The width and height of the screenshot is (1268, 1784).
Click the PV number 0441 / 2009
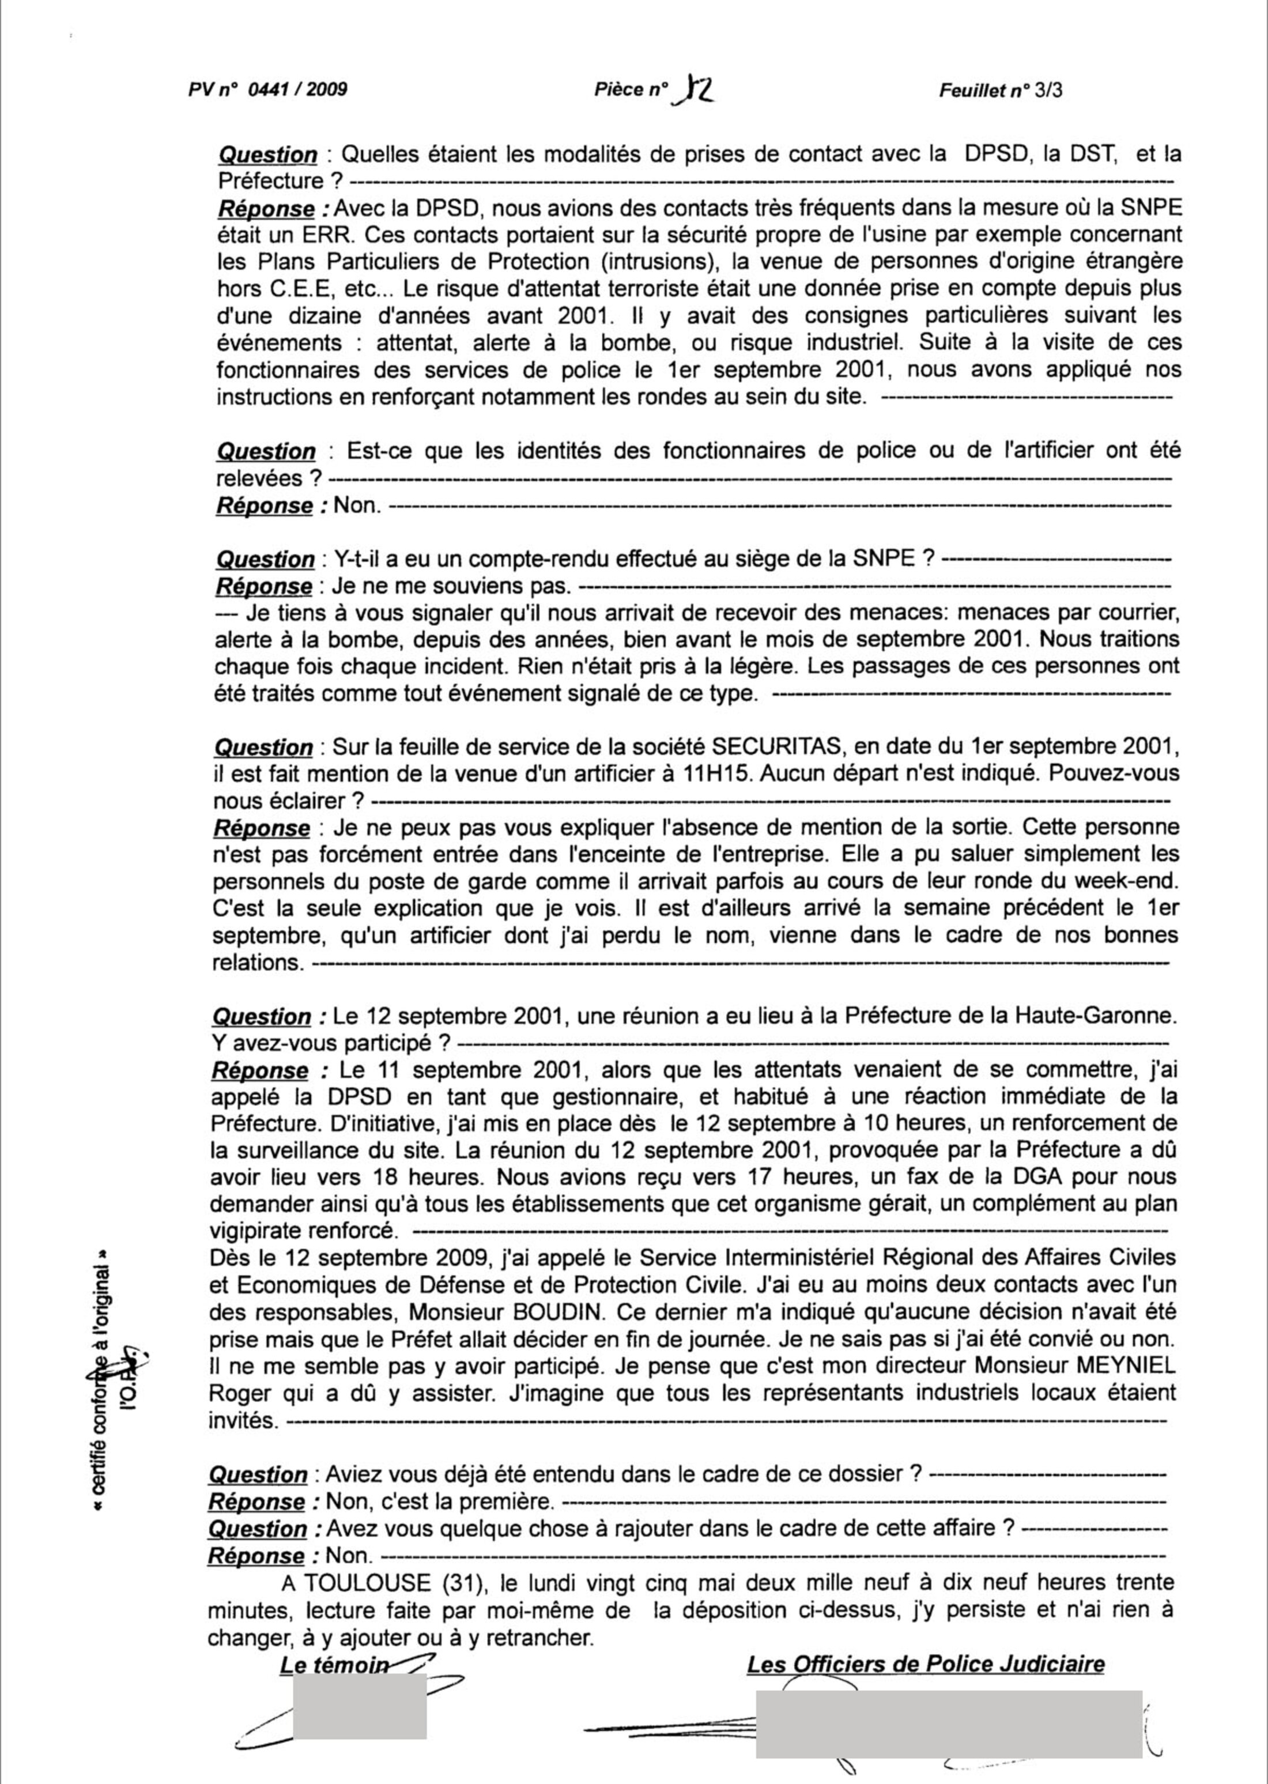pyautogui.click(x=297, y=89)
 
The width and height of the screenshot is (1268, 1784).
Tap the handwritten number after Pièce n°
pyautogui.click(x=697, y=89)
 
